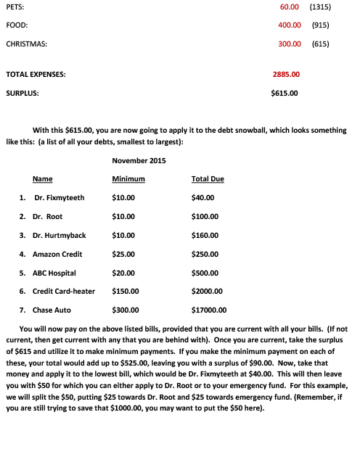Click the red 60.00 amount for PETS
point(290,7)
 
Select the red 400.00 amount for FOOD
point(290,25)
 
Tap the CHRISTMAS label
point(27,44)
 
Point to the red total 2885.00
point(286,74)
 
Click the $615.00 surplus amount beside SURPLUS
point(284,93)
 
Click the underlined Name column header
point(42,178)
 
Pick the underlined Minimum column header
point(128,178)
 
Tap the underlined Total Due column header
point(208,178)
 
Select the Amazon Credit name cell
point(57,254)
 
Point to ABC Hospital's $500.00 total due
point(206,273)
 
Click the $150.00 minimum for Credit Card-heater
point(126,292)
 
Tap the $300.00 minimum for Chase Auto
point(126,310)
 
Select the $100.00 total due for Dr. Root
point(206,216)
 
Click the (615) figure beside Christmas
point(320,44)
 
